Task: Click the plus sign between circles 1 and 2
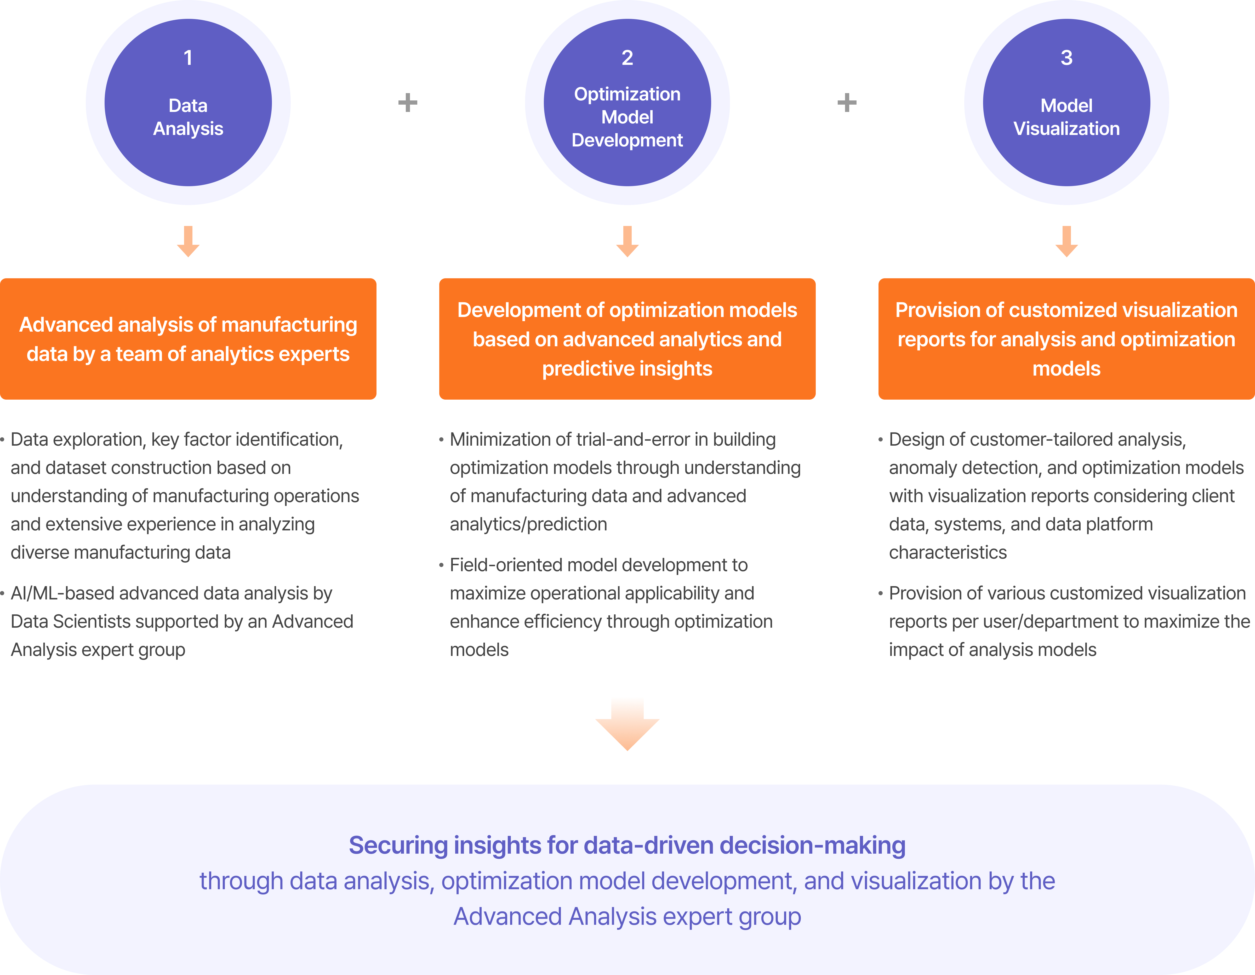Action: [407, 103]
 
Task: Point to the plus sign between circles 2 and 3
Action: [846, 103]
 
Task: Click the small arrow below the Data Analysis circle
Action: [188, 241]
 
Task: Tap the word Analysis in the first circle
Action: [188, 129]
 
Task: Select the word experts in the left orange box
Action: [315, 354]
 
